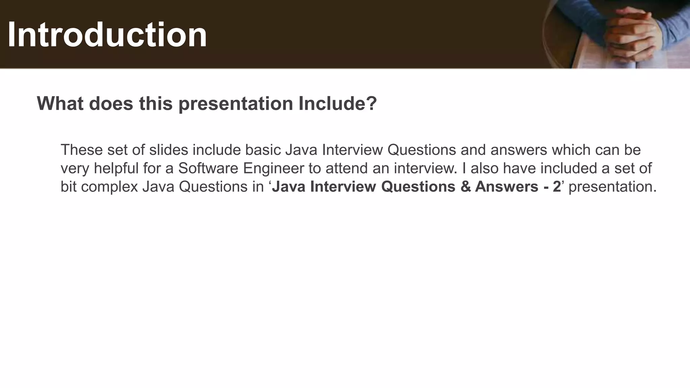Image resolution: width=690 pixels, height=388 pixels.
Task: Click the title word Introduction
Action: point(107,35)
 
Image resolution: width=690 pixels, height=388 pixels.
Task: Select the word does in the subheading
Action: point(111,103)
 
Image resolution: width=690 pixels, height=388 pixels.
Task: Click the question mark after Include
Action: point(371,103)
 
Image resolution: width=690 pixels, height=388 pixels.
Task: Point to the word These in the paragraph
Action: point(82,150)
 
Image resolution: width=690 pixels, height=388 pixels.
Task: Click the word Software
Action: point(208,168)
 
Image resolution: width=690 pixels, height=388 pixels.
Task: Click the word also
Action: point(484,168)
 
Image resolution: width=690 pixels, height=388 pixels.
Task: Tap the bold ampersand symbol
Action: point(465,187)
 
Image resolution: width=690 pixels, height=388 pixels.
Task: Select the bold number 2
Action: point(557,187)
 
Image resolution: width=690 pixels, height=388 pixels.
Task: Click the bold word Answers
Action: point(506,187)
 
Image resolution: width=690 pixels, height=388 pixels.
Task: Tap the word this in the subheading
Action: point(156,103)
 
